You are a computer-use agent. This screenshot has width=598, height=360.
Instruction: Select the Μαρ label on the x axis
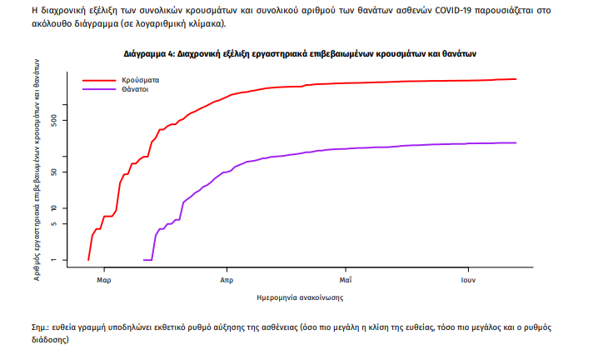coord(104,281)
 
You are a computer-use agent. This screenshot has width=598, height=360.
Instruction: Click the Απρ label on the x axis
coord(226,281)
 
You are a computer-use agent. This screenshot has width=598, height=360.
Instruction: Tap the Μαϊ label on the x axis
coord(346,281)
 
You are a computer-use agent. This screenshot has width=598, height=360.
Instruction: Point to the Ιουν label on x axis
coord(467,281)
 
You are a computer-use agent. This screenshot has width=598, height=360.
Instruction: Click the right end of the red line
coord(516,79)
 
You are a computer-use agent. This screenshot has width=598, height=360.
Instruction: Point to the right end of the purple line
coord(516,142)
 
